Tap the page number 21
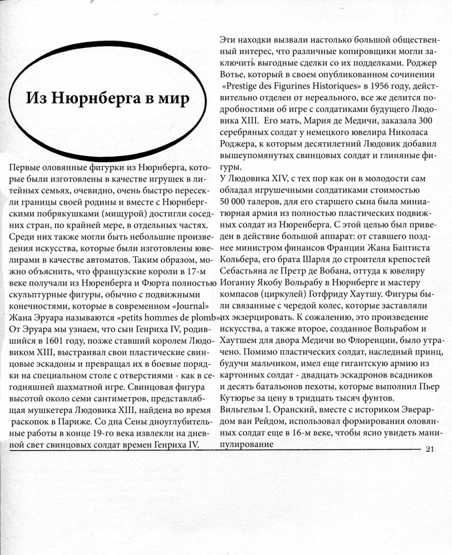point(429,448)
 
